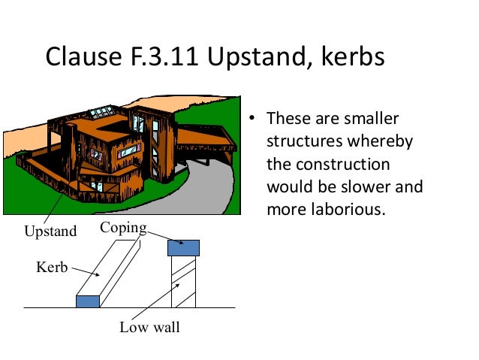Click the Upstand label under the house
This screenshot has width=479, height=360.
pyautogui.click(x=50, y=231)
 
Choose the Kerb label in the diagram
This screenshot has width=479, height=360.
pyautogui.click(x=52, y=266)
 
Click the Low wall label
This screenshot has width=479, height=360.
pyautogui.click(x=149, y=328)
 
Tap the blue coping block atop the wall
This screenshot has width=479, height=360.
pyautogui.click(x=184, y=247)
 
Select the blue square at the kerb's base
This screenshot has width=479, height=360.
pyautogui.click(x=88, y=301)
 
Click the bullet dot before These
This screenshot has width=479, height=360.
pyautogui.click(x=254, y=119)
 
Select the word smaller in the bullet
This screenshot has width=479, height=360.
pyautogui.click(x=373, y=119)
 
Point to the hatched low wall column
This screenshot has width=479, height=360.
pyautogui.click(x=184, y=282)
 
